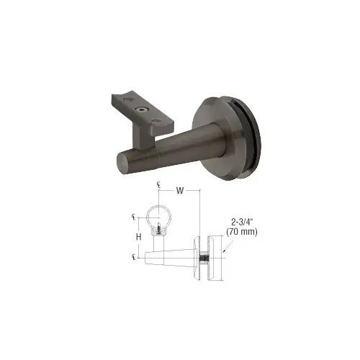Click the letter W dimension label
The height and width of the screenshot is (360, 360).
coord(178,192)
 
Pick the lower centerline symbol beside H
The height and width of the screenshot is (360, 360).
coord(133,256)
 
